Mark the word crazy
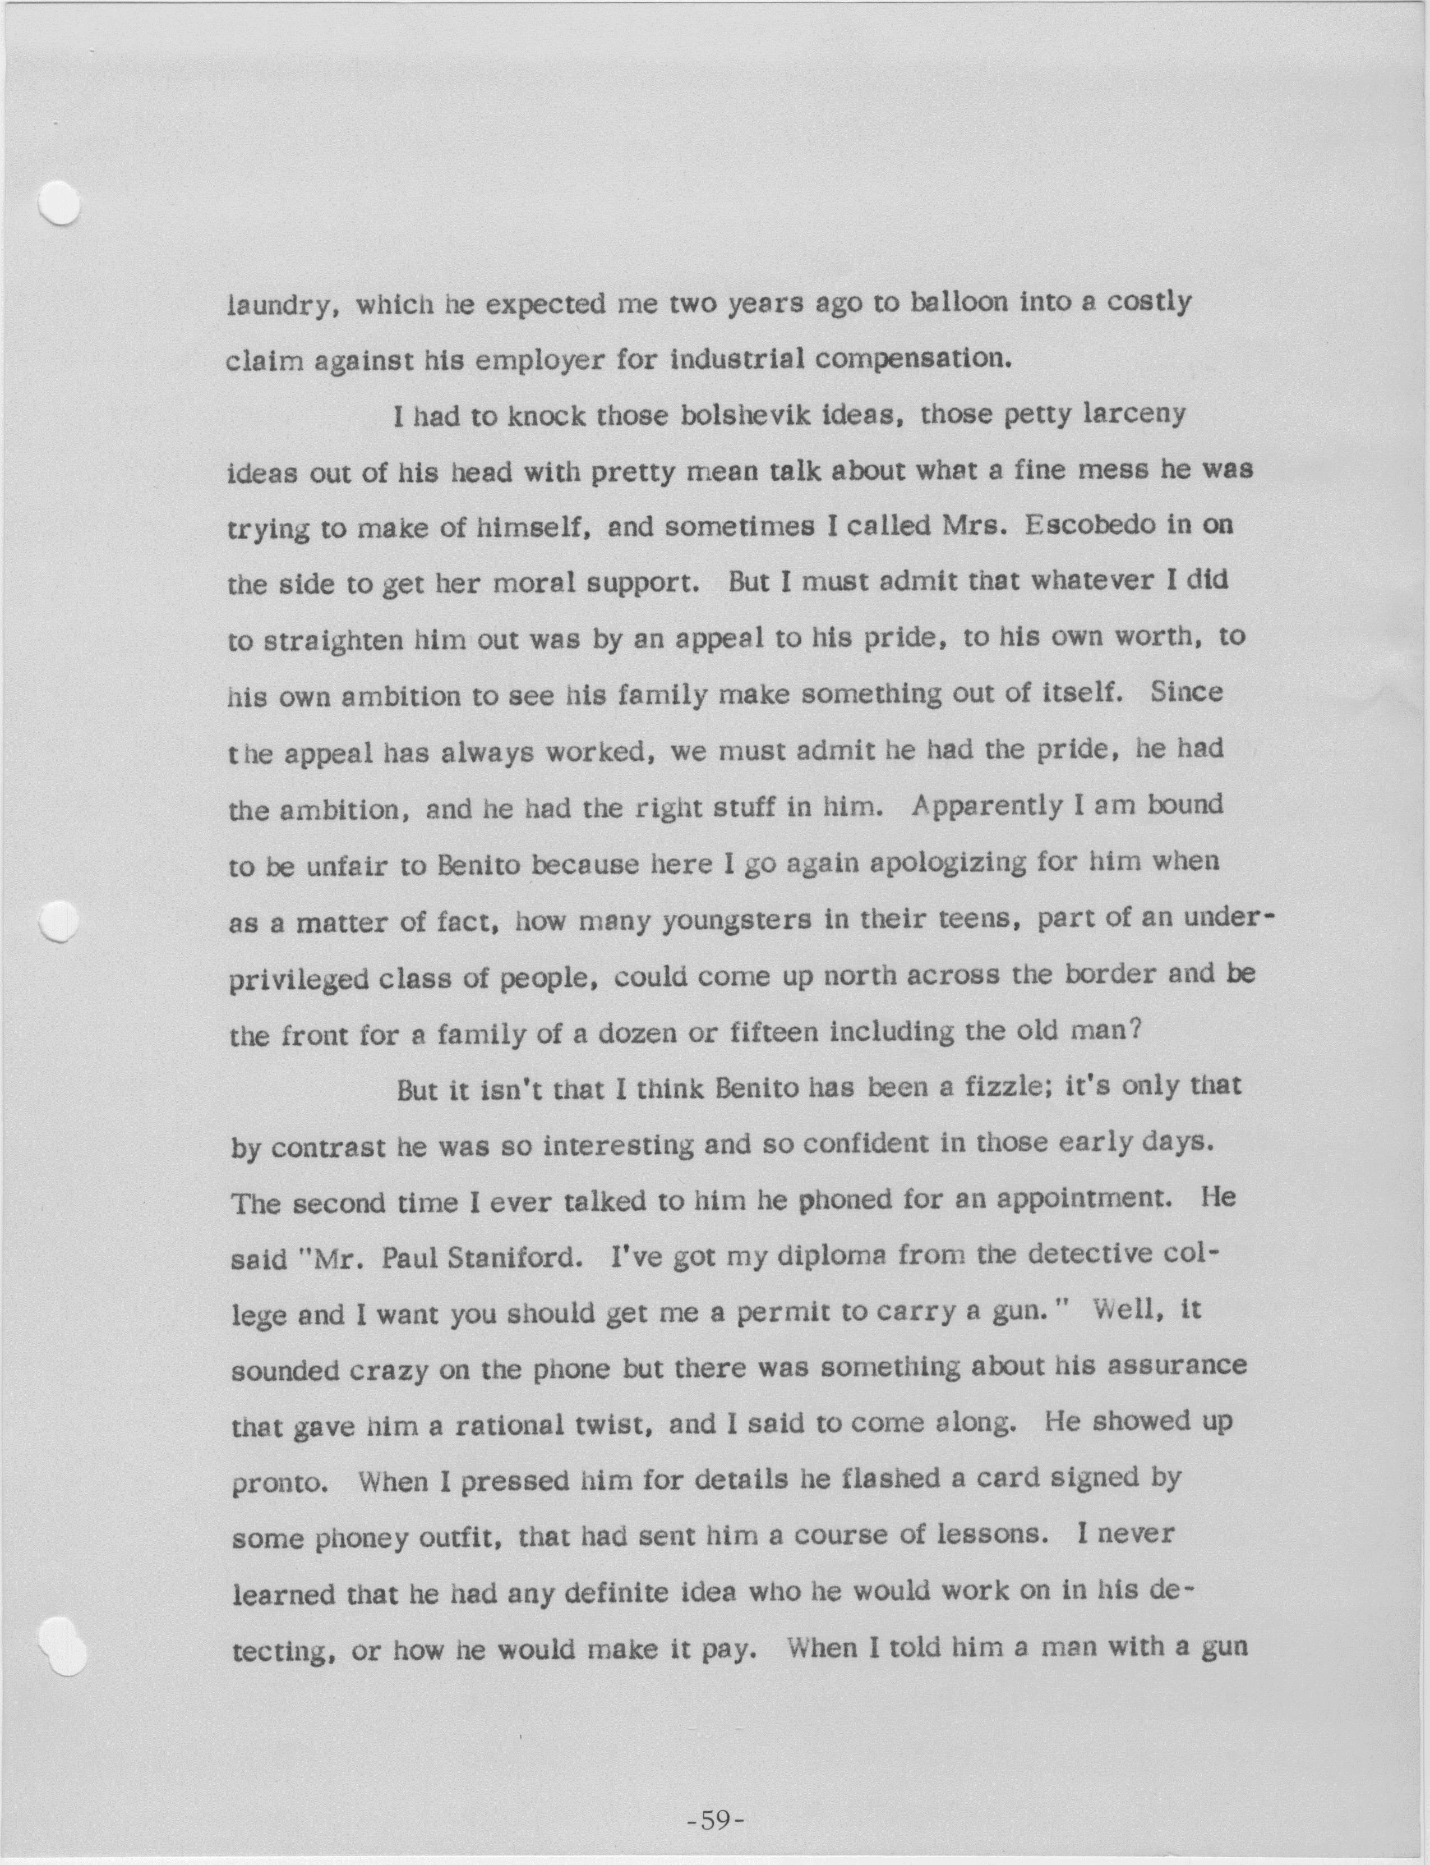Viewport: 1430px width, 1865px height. [x=382, y=1370]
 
